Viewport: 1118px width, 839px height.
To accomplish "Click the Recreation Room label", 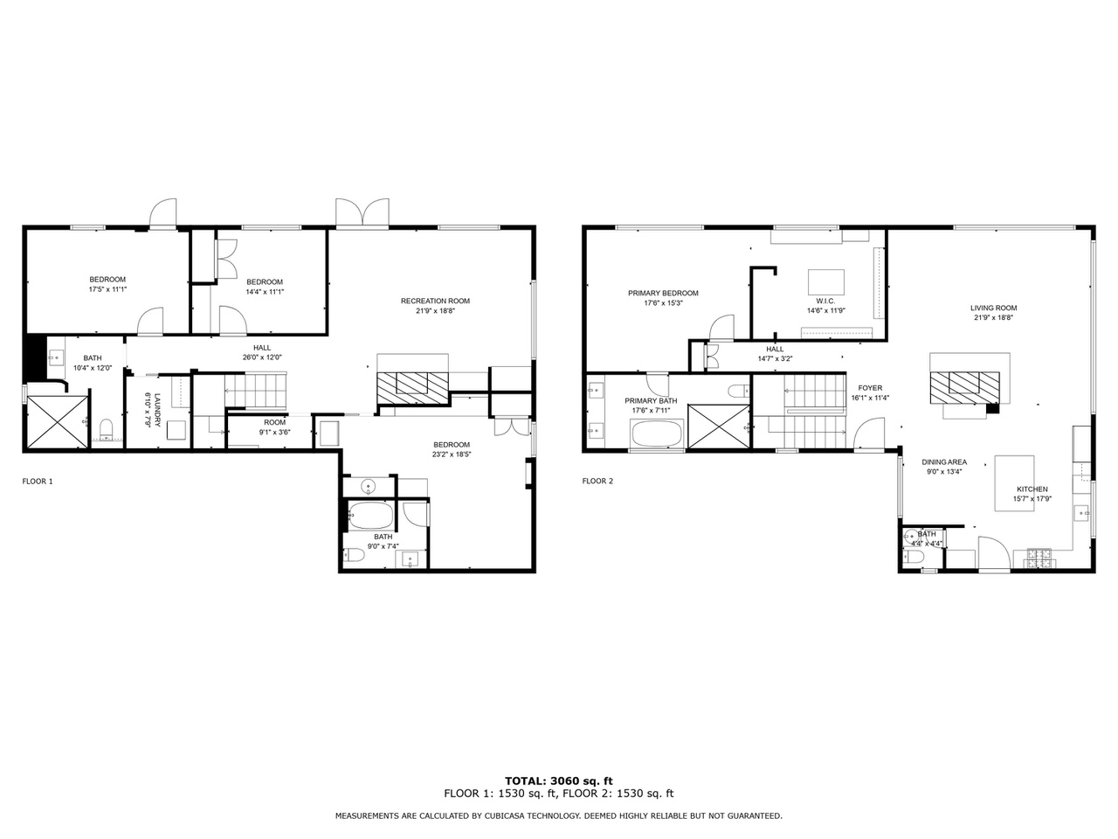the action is tap(435, 301).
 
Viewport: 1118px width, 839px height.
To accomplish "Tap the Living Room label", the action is tap(993, 308).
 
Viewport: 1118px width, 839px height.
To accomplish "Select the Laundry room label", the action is tap(157, 410).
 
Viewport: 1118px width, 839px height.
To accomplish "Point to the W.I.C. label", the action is tap(825, 301).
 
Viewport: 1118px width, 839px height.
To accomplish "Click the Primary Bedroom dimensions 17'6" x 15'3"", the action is tap(663, 302).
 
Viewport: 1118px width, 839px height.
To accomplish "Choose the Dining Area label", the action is tap(944, 462).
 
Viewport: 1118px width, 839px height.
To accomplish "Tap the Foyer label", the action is tap(870, 388).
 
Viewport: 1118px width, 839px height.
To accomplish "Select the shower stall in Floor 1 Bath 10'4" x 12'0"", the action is tap(57, 422).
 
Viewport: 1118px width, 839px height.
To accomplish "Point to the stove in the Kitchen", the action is tap(1042, 558).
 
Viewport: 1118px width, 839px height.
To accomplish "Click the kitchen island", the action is tap(1015, 483).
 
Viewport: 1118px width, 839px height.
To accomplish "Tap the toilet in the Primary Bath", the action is tap(739, 392).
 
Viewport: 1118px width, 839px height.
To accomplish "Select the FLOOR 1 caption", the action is tap(38, 482).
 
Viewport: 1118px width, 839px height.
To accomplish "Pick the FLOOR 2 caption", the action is tap(598, 481).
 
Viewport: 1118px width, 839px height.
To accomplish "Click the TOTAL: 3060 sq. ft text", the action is tap(559, 781).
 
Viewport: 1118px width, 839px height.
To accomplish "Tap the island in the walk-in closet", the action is tap(825, 282).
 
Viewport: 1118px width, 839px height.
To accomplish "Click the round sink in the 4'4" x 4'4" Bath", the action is tap(910, 536).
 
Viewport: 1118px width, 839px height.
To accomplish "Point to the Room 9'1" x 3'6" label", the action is tap(274, 422).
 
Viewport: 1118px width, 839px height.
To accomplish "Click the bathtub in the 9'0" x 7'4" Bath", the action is tap(371, 516).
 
